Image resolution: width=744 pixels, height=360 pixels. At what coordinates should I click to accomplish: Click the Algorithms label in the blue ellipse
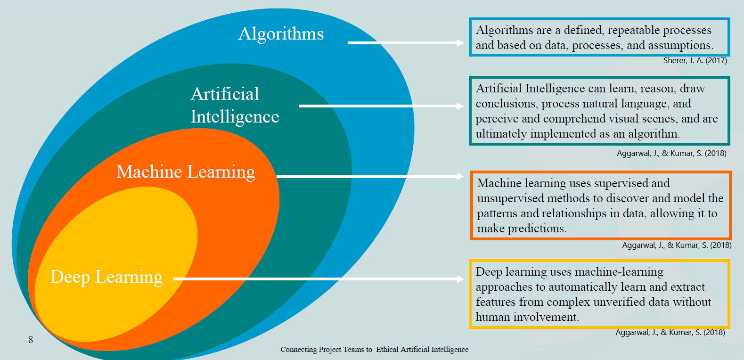(x=281, y=34)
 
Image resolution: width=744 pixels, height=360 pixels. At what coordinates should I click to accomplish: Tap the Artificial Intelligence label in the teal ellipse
(x=235, y=105)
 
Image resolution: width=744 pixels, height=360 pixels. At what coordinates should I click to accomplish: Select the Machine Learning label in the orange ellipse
(x=186, y=172)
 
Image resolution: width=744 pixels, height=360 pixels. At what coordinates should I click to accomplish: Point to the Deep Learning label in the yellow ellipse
(x=106, y=277)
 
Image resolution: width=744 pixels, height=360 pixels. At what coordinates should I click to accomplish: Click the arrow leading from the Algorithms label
(x=405, y=43)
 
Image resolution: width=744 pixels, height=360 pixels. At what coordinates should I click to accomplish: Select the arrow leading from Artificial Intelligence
(x=381, y=106)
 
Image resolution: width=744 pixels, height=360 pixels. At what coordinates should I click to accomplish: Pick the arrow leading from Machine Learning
(x=370, y=177)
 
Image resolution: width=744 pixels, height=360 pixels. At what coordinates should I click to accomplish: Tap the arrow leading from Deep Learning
(x=318, y=279)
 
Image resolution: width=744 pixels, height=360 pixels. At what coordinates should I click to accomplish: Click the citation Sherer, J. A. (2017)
(x=695, y=60)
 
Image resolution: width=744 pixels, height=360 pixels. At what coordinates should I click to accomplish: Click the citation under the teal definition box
(x=671, y=153)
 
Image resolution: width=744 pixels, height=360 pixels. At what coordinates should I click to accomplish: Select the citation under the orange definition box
(x=677, y=245)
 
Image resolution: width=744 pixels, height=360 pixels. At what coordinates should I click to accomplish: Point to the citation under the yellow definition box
(x=670, y=332)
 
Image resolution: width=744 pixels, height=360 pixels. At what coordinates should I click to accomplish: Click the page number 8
(x=31, y=340)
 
